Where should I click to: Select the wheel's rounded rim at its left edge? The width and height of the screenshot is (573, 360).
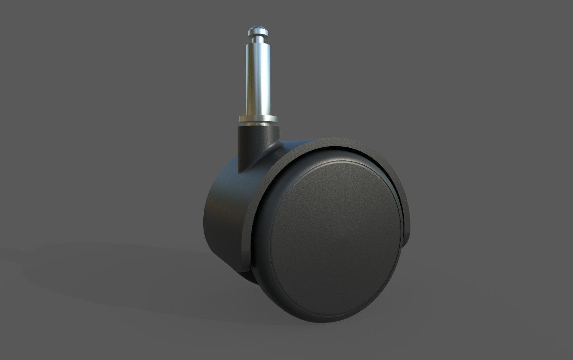pyautogui.click(x=257, y=245)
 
